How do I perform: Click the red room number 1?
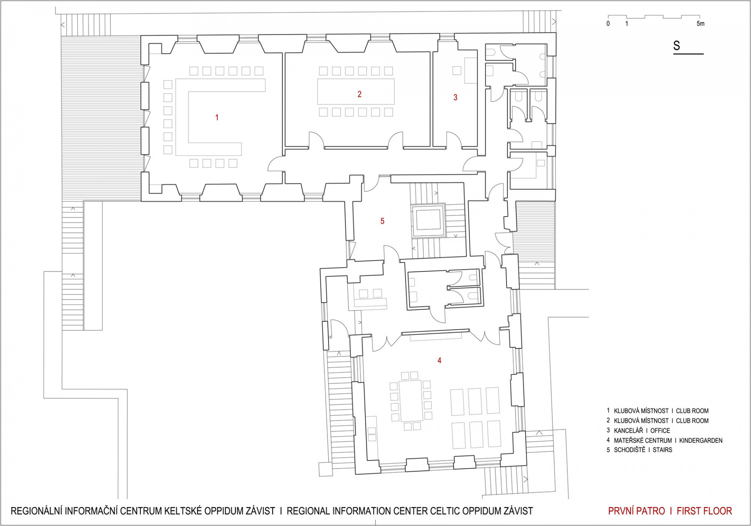coord(217,117)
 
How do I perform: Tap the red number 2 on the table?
coord(359,94)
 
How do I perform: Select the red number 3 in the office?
coord(455,97)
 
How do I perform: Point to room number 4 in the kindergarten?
coord(439,361)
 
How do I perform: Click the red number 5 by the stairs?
coord(383,221)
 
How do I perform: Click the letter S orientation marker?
coord(677,46)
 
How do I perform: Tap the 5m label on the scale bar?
coord(701,24)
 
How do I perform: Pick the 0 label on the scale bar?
coord(608,24)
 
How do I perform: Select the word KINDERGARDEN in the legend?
coord(701,440)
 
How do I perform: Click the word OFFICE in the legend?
coord(660,431)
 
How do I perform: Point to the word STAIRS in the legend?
coord(663,450)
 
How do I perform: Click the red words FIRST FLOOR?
coord(704,511)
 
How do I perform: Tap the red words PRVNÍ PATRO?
coord(636,511)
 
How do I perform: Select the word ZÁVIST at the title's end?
coord(517,511)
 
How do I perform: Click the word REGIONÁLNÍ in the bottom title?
coord(36,511)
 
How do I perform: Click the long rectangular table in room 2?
coord(356,92)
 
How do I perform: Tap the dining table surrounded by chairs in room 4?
coord(411,400)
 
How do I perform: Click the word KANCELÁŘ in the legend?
coord(628,431)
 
